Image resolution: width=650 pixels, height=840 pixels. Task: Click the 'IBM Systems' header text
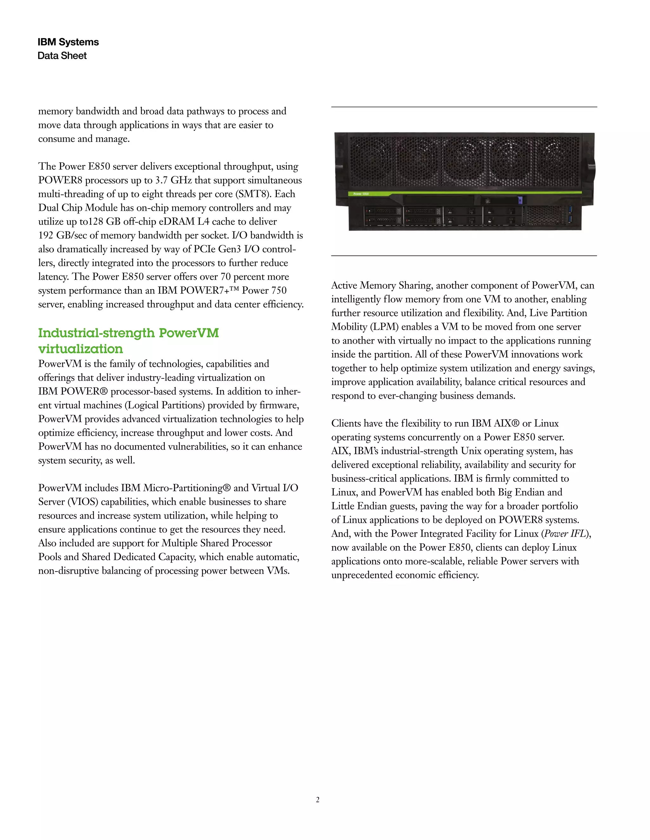[x=68, y=42]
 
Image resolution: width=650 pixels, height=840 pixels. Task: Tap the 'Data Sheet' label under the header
[x=62, y=56]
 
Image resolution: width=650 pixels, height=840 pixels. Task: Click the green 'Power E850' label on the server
[x=361, y=194]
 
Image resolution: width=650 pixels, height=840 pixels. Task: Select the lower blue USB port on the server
[x=571, y=219]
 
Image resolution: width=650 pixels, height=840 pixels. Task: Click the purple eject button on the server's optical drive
[x=520, y=200]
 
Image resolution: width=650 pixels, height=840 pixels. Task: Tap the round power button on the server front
[x=487, y=201]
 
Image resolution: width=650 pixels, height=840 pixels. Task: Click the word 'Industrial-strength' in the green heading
[x=96, y=333]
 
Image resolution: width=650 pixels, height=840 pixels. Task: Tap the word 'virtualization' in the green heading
[x=81, y=349]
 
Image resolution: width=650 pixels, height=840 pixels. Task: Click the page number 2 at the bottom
[x=318, y=800]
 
